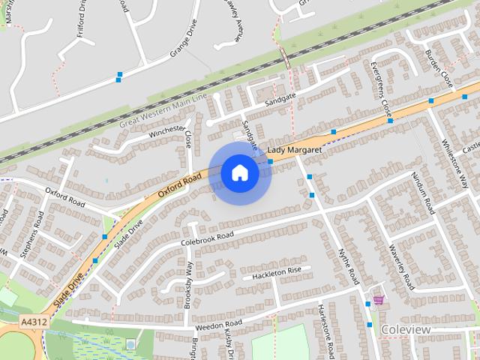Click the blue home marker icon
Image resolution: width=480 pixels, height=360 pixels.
(239, 173)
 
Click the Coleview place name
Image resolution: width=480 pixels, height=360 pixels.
(405, 329)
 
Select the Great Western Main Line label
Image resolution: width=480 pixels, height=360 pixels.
(162, 111)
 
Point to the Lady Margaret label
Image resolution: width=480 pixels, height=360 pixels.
(294, 151)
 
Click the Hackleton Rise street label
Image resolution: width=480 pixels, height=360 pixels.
(276, 272)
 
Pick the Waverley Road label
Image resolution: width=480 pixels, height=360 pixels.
(401, 267)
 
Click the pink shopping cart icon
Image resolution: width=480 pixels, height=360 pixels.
(378, 299)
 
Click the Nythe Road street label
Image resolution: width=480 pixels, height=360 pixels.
(349, 266)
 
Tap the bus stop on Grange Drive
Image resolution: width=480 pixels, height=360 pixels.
(119, 76)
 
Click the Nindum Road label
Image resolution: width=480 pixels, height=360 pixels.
(423, 193)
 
